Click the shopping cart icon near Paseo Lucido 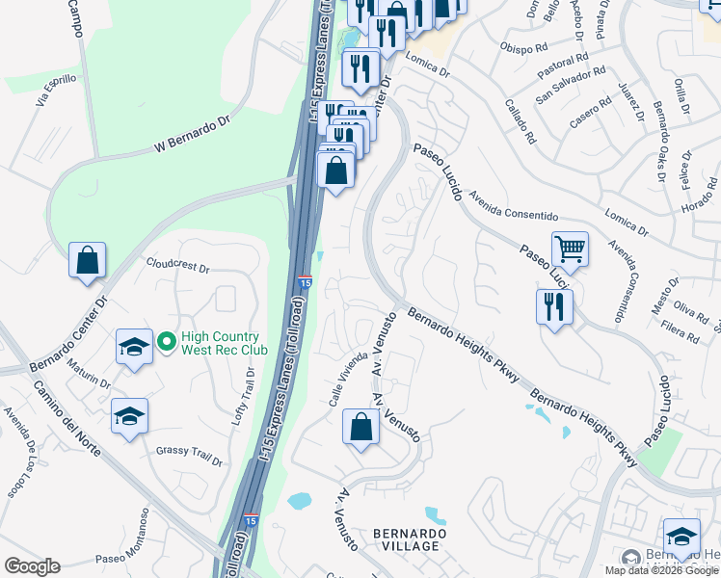tap(570, 249)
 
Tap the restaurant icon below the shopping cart tap(554, 306)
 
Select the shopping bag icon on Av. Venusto tap(360, 428)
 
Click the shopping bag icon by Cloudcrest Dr tap(87, 259)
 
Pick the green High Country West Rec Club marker tap(166, 340)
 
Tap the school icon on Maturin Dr tap(134, 348)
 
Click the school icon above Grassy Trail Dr tap(129, 416)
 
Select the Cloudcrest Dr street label tap(177, 266)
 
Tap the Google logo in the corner tap(32, 566)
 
